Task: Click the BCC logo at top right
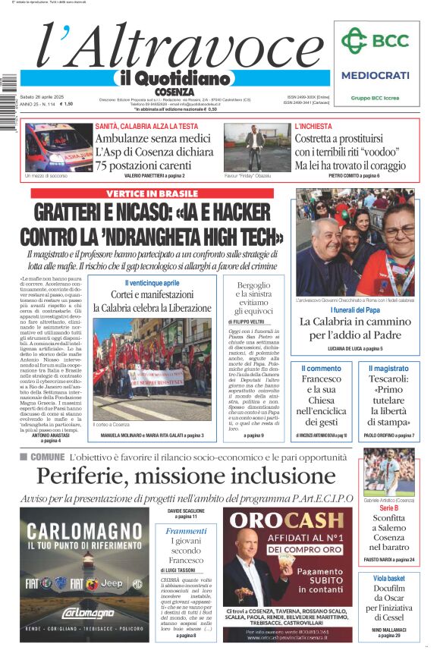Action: (375, 41)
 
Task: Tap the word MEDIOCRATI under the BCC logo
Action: (375, 75)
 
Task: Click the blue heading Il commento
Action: (322, 368)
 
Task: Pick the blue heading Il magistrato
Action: (388, 368)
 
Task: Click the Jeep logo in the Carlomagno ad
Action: (112, 583)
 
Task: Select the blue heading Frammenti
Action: (186, 531)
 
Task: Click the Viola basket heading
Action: (388, 579)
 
